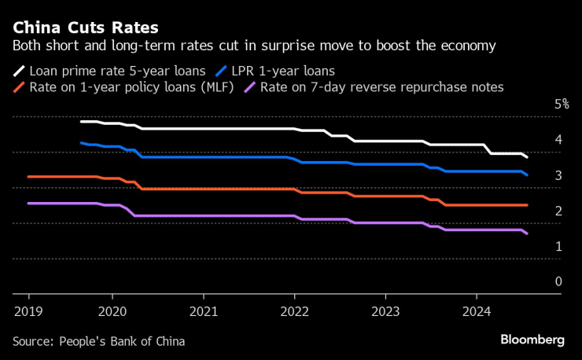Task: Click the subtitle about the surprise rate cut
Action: pos(254,46)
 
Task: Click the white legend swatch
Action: pos(19,69)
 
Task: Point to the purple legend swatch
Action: pos(250,86)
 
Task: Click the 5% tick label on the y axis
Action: pos(561,105)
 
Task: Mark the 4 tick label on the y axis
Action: pos(558,140)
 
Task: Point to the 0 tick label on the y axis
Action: pos(558,281)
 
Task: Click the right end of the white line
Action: pos(527,157)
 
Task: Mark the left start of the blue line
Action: pos(81,143)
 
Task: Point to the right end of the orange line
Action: pos(527,205)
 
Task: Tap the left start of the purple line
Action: pos(28,204)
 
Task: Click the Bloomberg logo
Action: pos(532,340)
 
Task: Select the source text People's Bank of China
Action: pos(98,341)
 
